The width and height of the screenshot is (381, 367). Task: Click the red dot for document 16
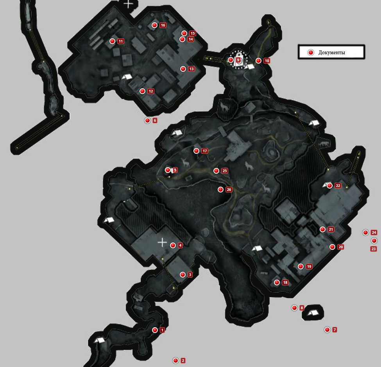154,25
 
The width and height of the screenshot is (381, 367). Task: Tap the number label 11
121,41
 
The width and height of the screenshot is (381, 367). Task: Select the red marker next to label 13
183,69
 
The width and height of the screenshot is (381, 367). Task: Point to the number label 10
267,61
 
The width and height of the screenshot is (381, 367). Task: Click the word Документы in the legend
332,52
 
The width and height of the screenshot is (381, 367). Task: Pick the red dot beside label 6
147,120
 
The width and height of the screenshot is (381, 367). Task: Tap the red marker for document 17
196,151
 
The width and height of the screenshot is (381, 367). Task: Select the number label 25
225,171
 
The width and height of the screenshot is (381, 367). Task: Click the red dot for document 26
220,190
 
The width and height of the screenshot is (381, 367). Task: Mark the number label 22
338,186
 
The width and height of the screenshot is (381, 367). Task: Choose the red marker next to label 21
322,230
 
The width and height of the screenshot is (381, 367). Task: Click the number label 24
374,233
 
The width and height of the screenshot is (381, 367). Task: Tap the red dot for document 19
301,267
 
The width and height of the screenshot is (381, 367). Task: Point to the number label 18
285,283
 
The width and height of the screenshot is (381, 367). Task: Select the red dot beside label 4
173,246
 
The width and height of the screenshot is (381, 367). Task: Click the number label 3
190,275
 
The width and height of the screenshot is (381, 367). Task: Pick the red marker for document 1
155,330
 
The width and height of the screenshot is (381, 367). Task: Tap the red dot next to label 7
327,330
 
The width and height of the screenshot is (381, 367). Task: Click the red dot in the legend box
311,52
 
